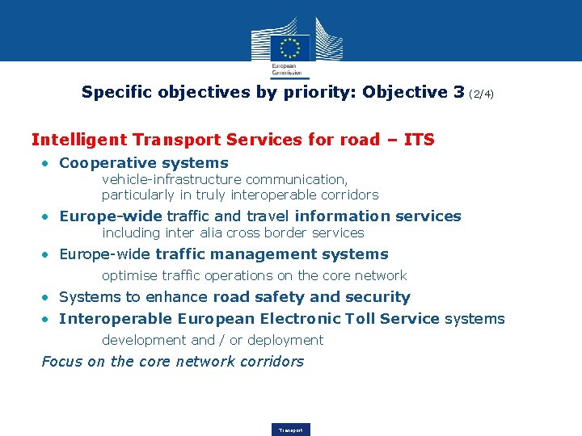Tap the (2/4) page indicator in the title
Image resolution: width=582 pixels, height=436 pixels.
pyautogui.click(x=480, y=94)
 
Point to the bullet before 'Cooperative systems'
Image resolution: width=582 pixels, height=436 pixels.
pyautogui.click(x=48, y=163)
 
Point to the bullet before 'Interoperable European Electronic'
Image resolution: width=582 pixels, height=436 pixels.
pyautogui.click(x=48, y=319)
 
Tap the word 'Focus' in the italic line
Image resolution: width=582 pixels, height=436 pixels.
pyautogui.click(x=62, y=361)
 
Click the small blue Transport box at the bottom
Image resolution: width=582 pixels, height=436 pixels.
pyautogui.click(x=291, y=430)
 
